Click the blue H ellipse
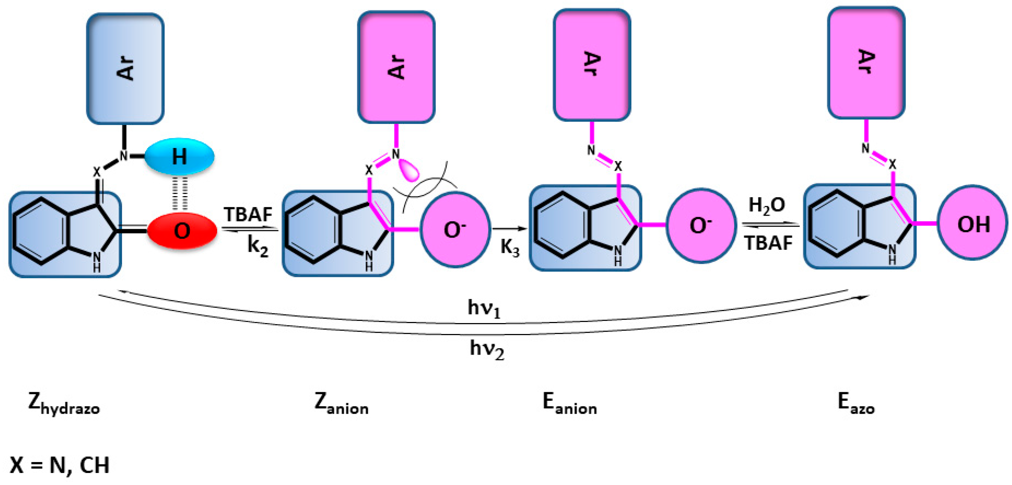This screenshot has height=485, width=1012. point(179,156)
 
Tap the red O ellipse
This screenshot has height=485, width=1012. point(182,231)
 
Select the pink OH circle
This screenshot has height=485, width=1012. point(973,223)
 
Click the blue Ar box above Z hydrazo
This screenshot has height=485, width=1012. point(125,69)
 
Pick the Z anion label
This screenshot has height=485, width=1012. point(341,403)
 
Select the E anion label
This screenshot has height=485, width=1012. point(569,403)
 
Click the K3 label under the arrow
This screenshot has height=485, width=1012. point(510,248)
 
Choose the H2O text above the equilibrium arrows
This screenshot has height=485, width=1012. point(766,205)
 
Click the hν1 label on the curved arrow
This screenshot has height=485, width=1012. point(484,308)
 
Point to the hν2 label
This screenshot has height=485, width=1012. point(486,349)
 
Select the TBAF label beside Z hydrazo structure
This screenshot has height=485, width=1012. point(248,215)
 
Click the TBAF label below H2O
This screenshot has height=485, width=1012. point(768,243)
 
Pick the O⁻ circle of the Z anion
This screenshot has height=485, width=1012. point(455,230)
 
